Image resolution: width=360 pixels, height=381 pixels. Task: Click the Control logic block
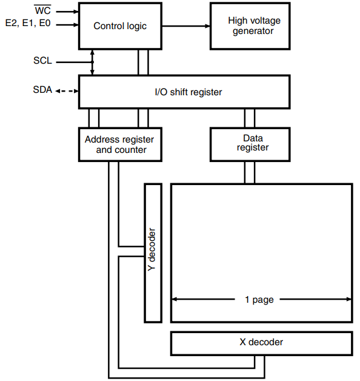(x=120, y=26)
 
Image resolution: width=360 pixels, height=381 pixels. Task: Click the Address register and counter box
(x=120, y=144)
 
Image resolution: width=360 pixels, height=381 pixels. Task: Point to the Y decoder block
(x=152, y=252)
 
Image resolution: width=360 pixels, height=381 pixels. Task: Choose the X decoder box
(x=261, y=343)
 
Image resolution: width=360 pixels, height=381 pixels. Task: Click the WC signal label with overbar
(x=42, y=11)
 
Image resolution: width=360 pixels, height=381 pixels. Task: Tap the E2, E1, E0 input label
(x=28, y=25)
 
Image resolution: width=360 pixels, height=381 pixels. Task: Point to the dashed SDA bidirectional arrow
(x=67, y=91)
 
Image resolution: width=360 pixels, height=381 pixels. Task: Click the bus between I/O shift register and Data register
(x=249, y=118)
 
